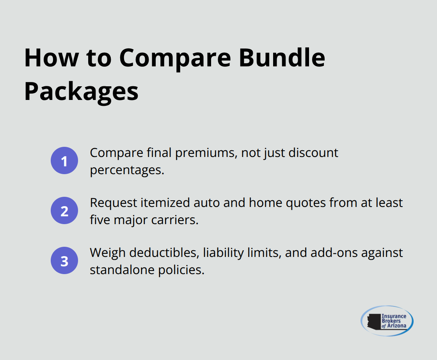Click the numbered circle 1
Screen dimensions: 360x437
tap(64, 160)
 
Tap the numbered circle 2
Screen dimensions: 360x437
tap(64, 210)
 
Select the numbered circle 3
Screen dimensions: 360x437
tap(64, 260)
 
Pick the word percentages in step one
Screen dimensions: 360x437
tap(127, 171)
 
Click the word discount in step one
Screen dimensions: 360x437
tap(313, 153)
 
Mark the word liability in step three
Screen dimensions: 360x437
tap(221, 253)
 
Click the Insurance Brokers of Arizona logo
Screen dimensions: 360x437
tap(387, 321)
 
